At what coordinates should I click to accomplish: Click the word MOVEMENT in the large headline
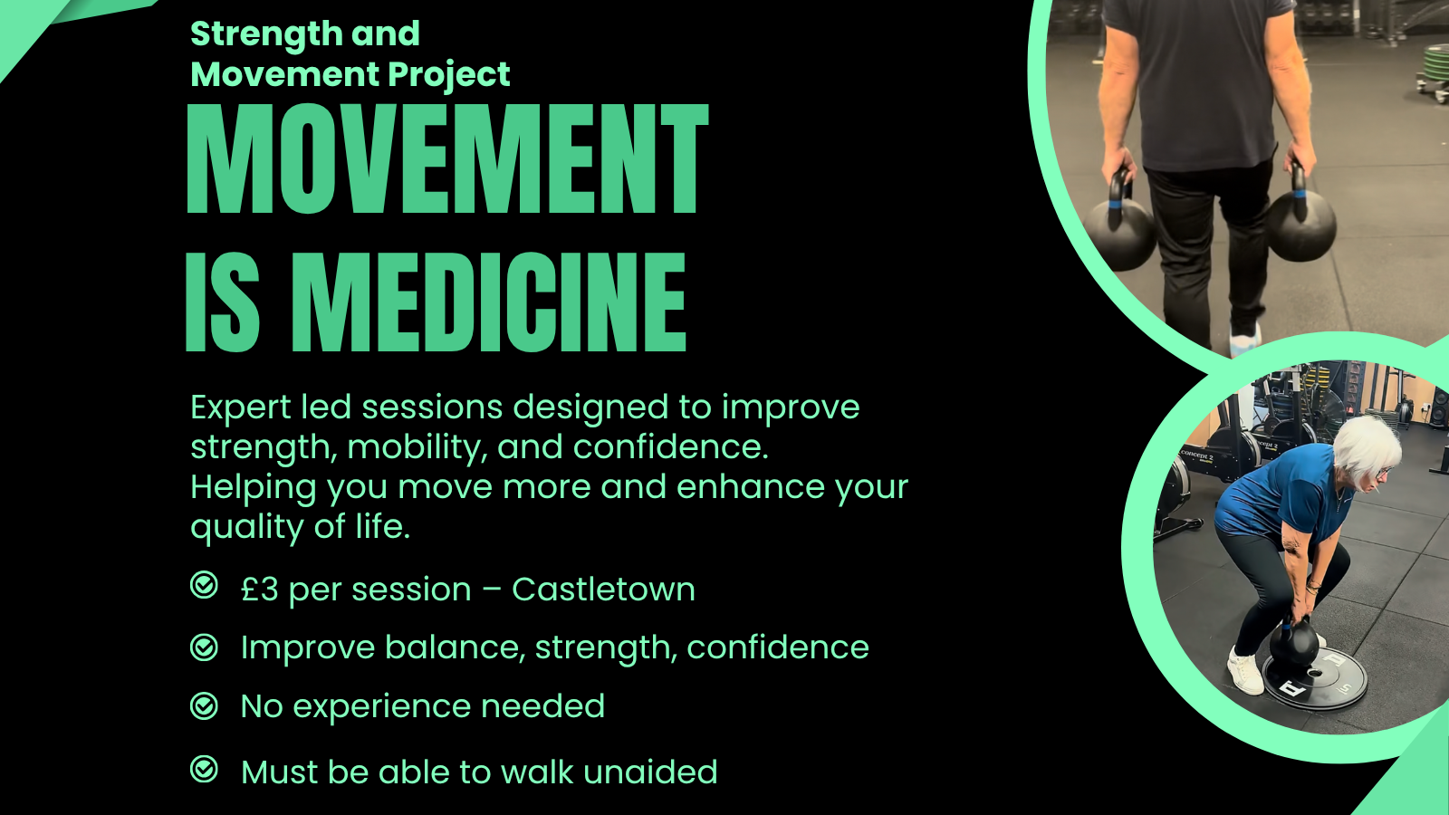[447, 159]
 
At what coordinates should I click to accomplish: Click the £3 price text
[260, 590]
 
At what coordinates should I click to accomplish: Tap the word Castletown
[603, 590]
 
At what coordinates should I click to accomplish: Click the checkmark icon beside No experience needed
[205, 705]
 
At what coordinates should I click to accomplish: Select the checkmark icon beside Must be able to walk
[205, 770]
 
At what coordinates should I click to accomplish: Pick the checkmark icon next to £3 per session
[205, 586]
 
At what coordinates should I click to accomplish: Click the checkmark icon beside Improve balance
[205, 647]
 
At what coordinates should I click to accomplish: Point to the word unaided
[650, 772]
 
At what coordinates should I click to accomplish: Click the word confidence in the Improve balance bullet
[777, 647]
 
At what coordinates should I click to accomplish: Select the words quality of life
[300, 527]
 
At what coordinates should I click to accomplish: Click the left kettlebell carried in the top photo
[1121, 231]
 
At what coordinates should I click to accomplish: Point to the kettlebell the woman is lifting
[1294, 643]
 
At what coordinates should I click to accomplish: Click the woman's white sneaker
[1246, 672]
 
